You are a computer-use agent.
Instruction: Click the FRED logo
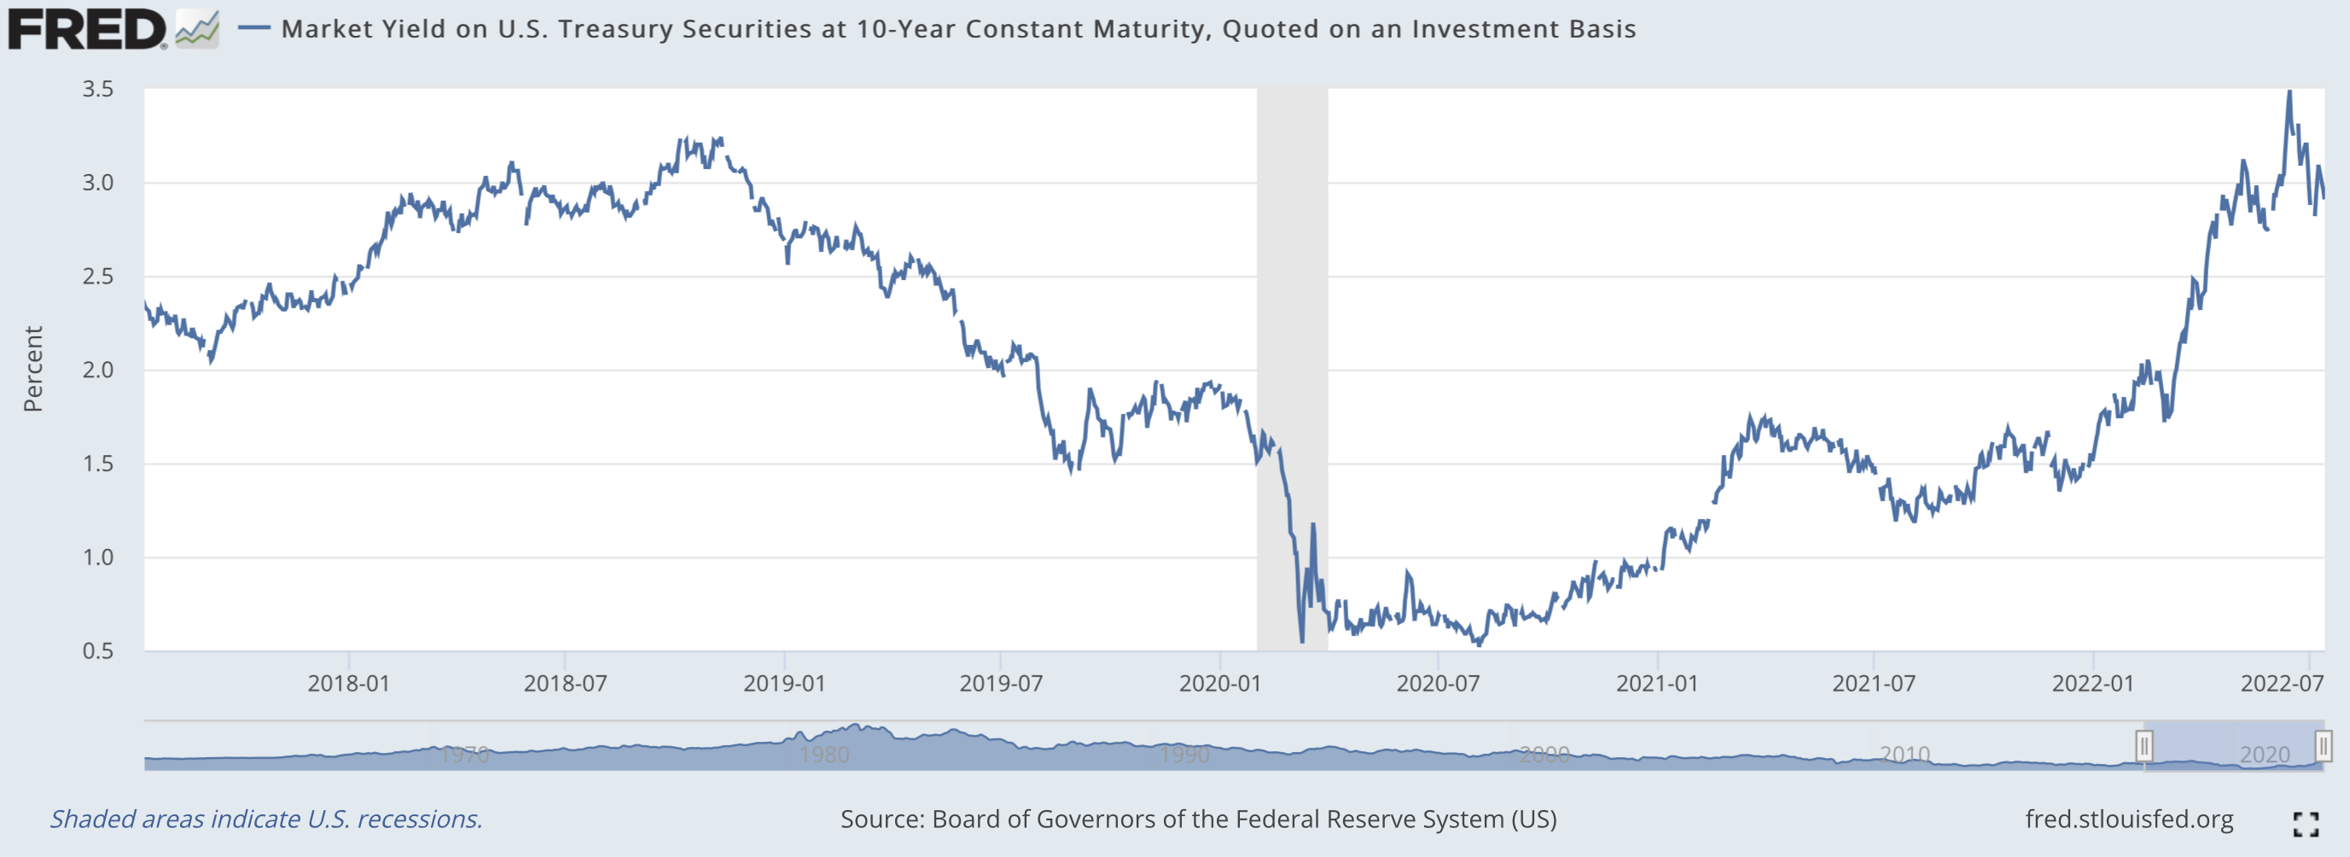point(87,29)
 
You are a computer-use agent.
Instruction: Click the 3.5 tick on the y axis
point(97,90)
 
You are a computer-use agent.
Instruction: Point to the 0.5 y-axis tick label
point(97,651)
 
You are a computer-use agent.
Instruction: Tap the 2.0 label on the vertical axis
point(97,370)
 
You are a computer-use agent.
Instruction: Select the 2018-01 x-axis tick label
point(348,684)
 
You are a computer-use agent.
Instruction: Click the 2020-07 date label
point(1438,684)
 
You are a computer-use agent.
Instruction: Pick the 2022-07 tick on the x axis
point(2283,684)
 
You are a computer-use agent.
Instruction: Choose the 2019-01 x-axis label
point(784,684)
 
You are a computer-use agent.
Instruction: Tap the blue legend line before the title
point(253,28)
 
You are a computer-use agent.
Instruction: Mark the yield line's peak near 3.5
point(2289,92)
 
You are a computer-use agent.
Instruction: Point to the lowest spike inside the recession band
point(1302,641)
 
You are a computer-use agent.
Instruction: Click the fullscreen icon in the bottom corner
point(2306,825)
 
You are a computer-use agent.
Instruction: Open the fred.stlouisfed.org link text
point(2129,819)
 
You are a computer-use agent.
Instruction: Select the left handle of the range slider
point(2144,747)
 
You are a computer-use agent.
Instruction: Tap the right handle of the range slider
point(2323,747)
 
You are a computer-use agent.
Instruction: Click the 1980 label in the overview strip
point(823,755)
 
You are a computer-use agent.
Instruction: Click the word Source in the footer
point(881,819)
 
